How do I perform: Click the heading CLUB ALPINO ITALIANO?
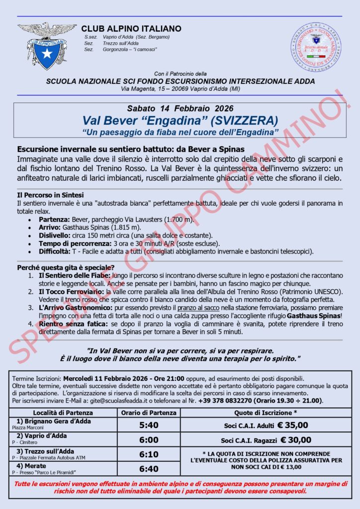[131, 29]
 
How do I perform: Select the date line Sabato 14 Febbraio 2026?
[180, 108]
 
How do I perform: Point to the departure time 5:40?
[148, 425]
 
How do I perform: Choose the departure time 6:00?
[148, 440]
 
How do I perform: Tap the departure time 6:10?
[148, 454]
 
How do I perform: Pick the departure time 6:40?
[148, 469]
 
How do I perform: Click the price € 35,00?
[292, 425]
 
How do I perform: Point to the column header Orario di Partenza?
[148, 413]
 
